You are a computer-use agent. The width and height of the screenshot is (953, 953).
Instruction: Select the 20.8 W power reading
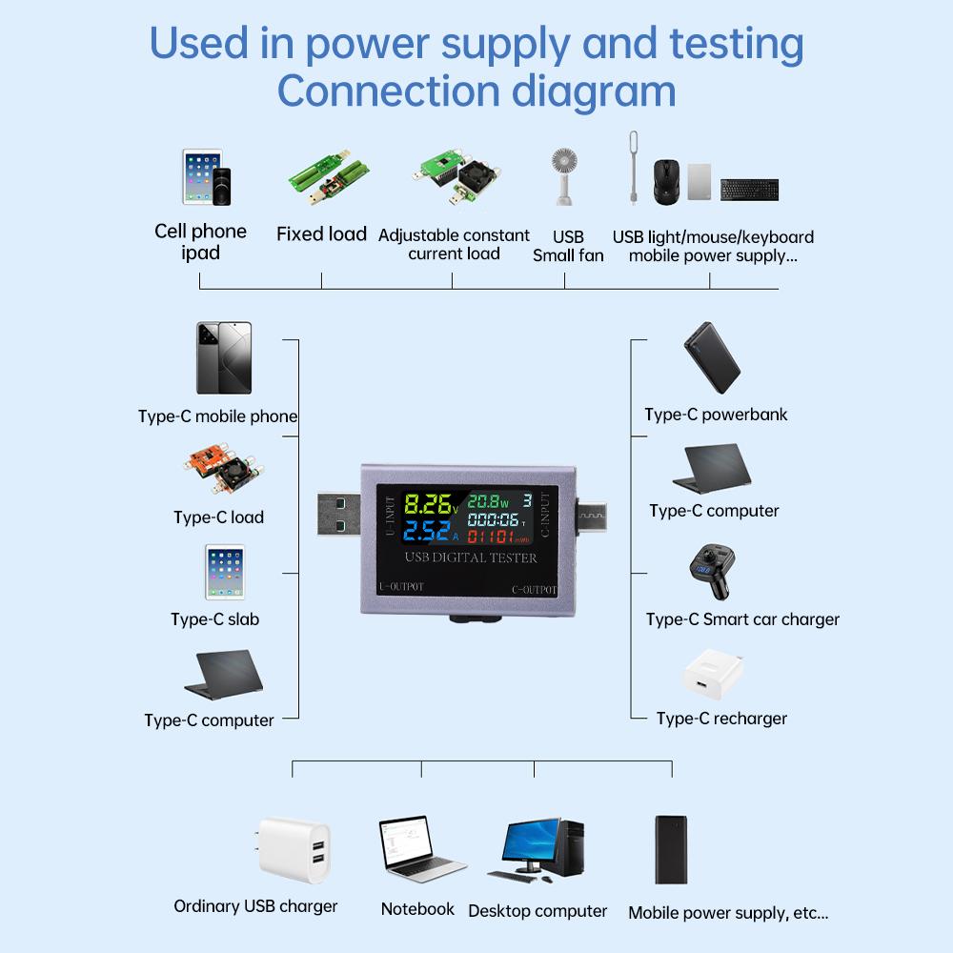487,500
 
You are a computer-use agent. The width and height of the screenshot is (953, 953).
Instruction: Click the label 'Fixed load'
321,234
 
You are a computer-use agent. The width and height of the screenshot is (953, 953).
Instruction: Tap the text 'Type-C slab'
215,619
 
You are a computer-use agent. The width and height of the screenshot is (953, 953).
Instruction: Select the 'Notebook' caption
417,909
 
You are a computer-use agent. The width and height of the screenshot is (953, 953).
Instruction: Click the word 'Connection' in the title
387,92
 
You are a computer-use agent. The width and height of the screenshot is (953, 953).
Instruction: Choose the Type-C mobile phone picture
224,358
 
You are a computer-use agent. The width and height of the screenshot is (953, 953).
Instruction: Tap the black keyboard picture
749,190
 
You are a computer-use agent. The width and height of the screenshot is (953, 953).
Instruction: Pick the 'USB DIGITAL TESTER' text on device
471,558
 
